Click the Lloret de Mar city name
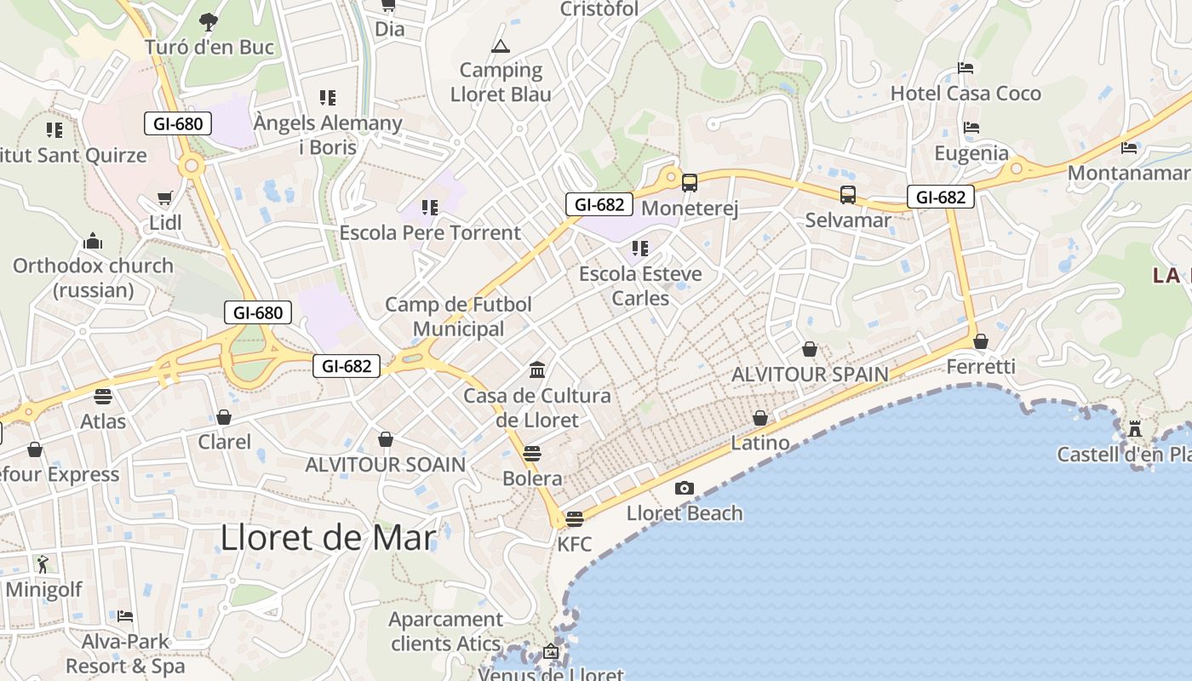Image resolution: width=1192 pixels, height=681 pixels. coord(328,538)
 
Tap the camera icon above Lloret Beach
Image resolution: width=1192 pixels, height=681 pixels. coord(684,488)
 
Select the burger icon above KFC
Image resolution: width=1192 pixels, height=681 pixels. coord(575,518)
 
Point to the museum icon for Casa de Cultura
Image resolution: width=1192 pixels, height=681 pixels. coord(537,369)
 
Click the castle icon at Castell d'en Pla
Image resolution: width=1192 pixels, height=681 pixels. coord(1134,428)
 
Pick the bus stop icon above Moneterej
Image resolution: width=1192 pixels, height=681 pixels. coord(690,182)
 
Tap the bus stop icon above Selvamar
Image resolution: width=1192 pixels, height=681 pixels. coord(848,194)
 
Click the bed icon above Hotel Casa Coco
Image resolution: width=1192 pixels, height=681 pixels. coord(966,67)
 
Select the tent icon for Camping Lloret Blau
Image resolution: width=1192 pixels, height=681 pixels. coord(500,46)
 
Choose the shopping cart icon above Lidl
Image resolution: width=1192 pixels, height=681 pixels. coord(165,197)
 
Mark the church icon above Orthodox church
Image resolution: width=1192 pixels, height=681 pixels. coord(93,241)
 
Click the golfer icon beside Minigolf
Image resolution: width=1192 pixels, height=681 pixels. coord(43,564)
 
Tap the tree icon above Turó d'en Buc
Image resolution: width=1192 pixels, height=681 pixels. coord(209,22)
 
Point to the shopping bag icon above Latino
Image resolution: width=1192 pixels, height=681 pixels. coord(759,418)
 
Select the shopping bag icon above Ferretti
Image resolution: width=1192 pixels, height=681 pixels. coord(981,341)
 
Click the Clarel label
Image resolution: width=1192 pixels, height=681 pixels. coord(225,442)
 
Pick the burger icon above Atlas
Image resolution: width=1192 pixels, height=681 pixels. coord(103,396)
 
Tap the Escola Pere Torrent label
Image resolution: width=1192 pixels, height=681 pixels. coord(430,232)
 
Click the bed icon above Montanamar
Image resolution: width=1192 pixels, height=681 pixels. coord(1129,147)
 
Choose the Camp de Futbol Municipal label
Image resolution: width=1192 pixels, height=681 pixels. coord(459,317)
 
